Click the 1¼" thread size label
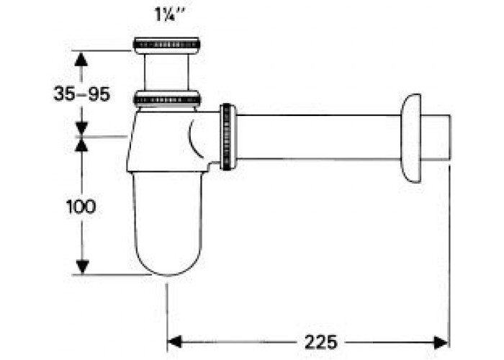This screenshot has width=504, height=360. (x=171, y=14)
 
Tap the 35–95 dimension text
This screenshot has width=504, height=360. (x=81, y=94)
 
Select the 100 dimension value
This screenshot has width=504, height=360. (x=81, y=207)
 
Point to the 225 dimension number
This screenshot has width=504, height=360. (x=320, y=342)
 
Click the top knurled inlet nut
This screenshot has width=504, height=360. (x=166, y=45)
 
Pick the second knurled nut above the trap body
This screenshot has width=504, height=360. (x=167, y=99)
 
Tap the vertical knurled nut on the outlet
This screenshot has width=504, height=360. (x=228, y=137)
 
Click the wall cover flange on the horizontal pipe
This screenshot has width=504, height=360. (x=411, y=138)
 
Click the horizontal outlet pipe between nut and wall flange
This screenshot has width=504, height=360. (x=319, y=137)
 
